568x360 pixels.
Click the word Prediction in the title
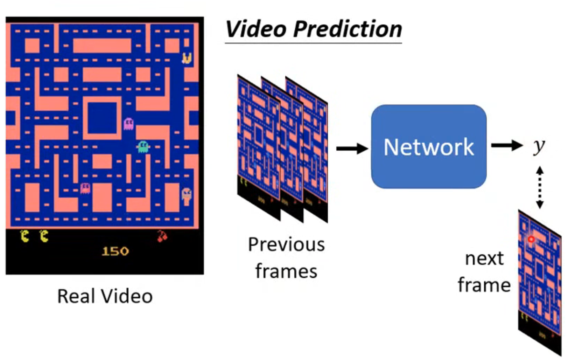click(348, 29)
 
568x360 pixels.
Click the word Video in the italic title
click(256, 29)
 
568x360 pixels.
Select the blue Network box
click(428, 146)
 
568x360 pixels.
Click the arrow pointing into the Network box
click(352, 148)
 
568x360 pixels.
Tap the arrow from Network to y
click(506, 145)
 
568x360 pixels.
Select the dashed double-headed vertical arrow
click(540, 187)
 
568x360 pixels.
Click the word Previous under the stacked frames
click(286, 244)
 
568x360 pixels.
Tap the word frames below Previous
click(286, 271)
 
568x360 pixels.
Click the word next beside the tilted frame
click(484, 259)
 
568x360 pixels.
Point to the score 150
click(115, 251)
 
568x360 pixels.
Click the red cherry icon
click(162, 236)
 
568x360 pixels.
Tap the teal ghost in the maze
click(143, 146)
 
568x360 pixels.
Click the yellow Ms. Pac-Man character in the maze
click(187, 58)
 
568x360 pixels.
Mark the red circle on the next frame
click(531, 239)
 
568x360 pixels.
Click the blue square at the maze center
click(102, 118)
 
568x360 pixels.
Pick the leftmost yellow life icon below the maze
click(25, 236)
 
